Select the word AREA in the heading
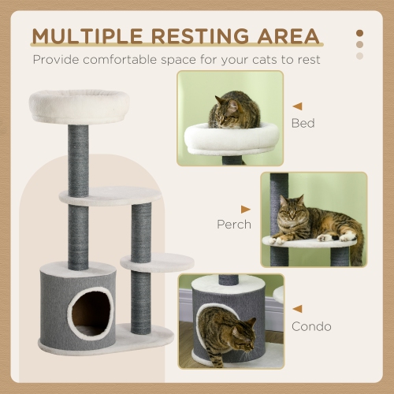pyautogui.click(x=292, y=36)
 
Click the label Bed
pyautogui.click(x=303, y=124)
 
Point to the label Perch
pyautogui.click(x=234, y=225)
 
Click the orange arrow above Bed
pyautogui.click(x=297, y=105)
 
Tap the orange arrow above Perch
pyautogui.click(x=246, y=208)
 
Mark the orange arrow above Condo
pyautogui.click(x=297, y=309)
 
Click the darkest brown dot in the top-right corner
pyautogui.click(x=360, y=34)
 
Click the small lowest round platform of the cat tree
pyautogui.click(x=157, y=263)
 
